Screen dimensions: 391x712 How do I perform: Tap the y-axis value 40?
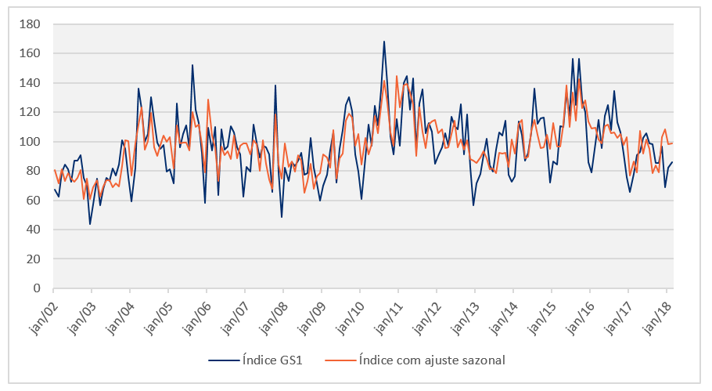pos(34,230)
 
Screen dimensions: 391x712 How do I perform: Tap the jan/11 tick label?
pos(392,311)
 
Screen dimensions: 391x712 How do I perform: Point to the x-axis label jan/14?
pos(507,311)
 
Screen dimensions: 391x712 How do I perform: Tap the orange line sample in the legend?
pos(341,360)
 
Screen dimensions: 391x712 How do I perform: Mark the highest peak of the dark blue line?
pos(384,42)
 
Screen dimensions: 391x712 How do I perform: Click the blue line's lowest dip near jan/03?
pos(90,224)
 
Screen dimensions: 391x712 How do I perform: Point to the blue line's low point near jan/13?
pos(473,205)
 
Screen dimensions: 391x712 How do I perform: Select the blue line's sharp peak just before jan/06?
pos(192,65)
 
